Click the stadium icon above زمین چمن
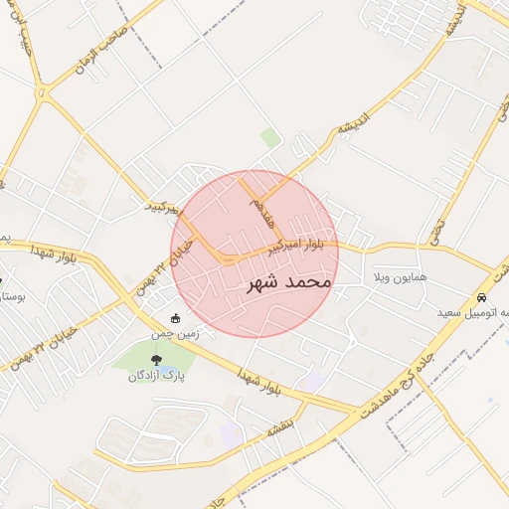(x=177, y=318)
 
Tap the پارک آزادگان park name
(x=156, y=376)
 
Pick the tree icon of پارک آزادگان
(x=156, y=359)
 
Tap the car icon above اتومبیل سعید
(x=482, y=297)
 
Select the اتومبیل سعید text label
(x=475, y=312)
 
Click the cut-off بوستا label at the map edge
(x=11, y=297)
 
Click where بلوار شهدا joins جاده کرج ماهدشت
(x=350, y=409)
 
